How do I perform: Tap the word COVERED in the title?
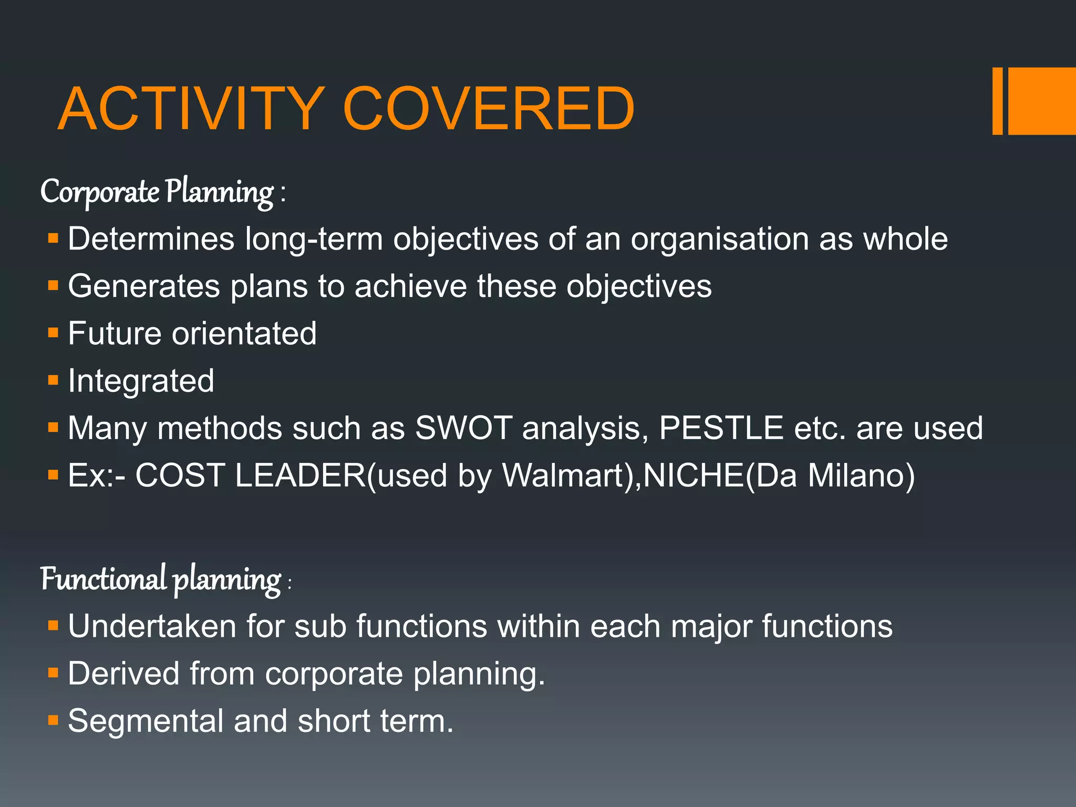click(x=489, y=109)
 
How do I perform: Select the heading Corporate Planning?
click(x=163, y=192)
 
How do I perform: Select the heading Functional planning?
click(x=165, y=580)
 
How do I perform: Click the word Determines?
click(x=151, y=239)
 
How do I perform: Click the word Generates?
click(x=144, y=286)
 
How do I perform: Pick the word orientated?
click(x=244, y=334)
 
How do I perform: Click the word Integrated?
click(x=141, y=381)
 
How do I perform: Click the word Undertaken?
click(x=152, y=626)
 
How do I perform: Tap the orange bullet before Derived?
click(x=53, y=672)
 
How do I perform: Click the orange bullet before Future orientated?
click(x=53, y=333)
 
